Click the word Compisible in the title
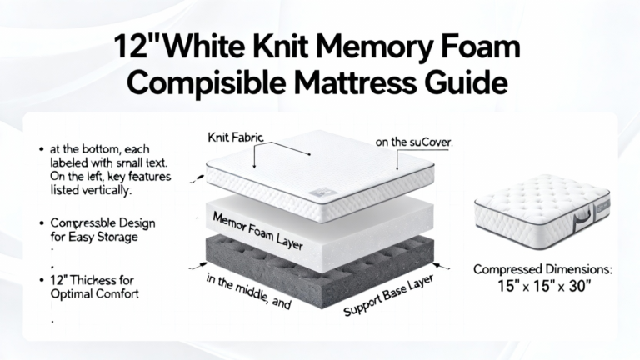[206, 82]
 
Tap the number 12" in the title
[136, 47]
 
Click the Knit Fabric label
[236, 137]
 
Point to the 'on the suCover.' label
[414, 142]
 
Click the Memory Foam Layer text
[258, 231]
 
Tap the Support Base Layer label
[387, 296]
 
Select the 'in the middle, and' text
[248, 292]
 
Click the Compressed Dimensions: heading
[542, 269]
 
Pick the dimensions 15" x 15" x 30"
[544, 286]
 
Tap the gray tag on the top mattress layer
[322, 192]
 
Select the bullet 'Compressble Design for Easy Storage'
[102, 230]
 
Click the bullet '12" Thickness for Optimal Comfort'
[94, 287]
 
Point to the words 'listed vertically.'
[91, 190]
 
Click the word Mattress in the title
[355, 82]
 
